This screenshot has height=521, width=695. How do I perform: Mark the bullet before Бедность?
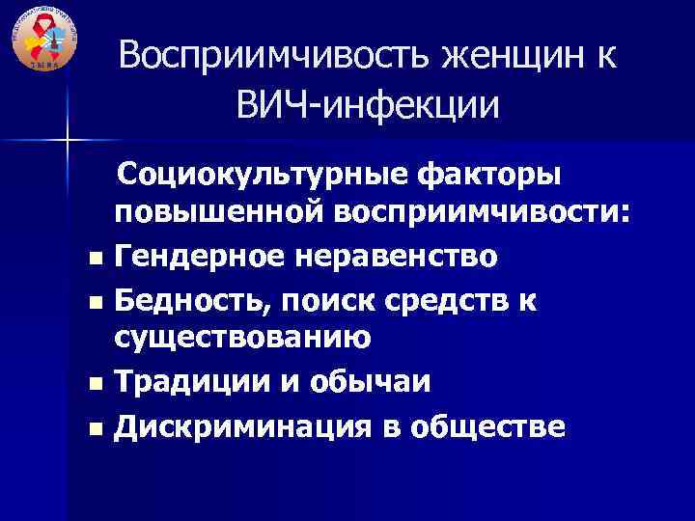pyautogui.click(x=92, y=302)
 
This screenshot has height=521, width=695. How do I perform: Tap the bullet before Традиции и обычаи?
pyautogui.click(x=92, y=384)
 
